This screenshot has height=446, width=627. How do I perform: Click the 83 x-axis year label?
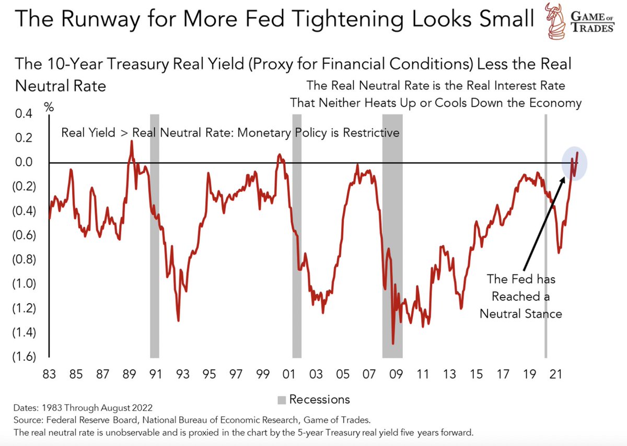[49, 374]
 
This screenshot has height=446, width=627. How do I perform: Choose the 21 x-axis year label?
[557, 374]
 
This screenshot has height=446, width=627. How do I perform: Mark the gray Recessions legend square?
[282, 400]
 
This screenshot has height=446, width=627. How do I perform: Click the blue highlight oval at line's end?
[575, 163]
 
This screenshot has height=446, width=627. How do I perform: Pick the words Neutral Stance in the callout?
[521, 314]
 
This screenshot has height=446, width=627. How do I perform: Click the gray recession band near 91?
[155, 235]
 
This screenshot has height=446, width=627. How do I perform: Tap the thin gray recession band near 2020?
[545, 235]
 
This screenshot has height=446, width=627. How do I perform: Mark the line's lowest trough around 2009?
[393, 344]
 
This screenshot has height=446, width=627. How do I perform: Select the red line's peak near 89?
[131, 141]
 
